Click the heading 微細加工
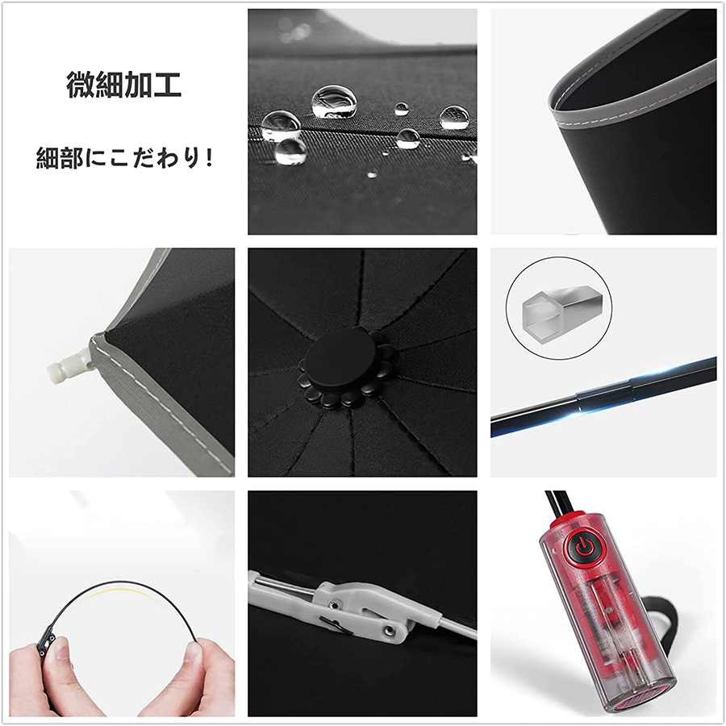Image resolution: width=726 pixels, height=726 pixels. [123, 84]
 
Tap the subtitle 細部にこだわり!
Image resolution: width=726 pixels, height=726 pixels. [124, 158]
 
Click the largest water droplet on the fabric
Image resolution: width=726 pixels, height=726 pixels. [334, 101]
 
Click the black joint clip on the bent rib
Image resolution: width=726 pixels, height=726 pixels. [46, 640]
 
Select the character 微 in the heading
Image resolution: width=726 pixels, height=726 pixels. [81, 84]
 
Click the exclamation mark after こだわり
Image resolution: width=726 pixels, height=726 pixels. [209, 158]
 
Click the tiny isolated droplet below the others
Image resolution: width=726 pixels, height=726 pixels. [372, 174]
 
